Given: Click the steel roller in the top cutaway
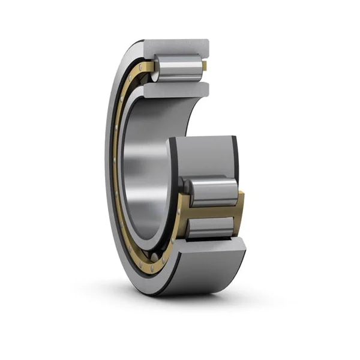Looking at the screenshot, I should (178, 67).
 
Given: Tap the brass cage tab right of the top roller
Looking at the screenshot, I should (205, 66).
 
